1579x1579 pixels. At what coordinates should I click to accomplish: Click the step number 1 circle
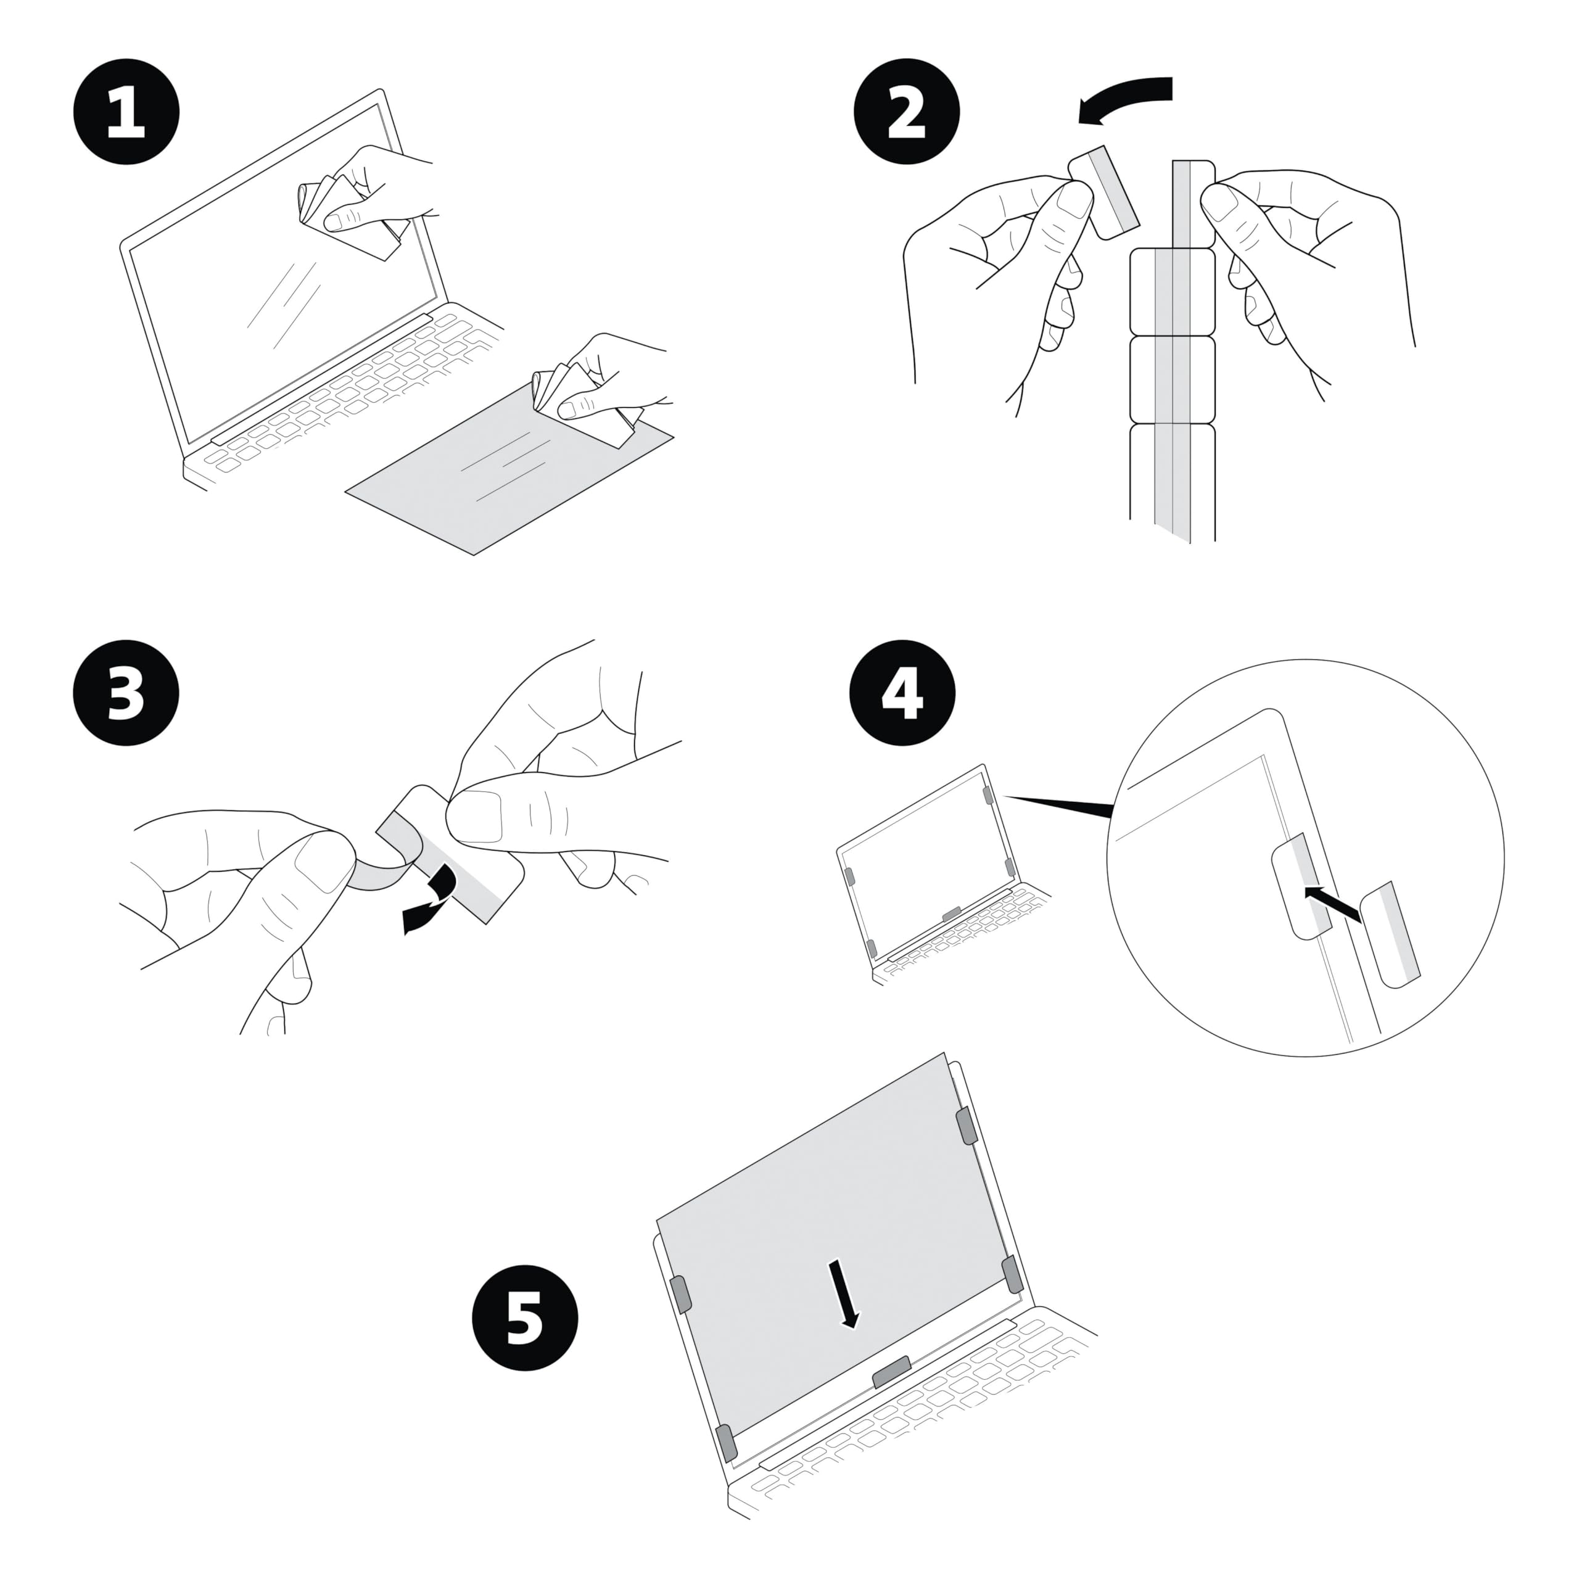click(x=126, y=112)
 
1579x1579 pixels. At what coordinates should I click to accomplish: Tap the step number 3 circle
click(x=126, y=694)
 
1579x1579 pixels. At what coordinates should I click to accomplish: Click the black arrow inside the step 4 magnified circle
click(x=1332, y=905)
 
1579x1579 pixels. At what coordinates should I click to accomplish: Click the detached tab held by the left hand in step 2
click(x=1103, y=191)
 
